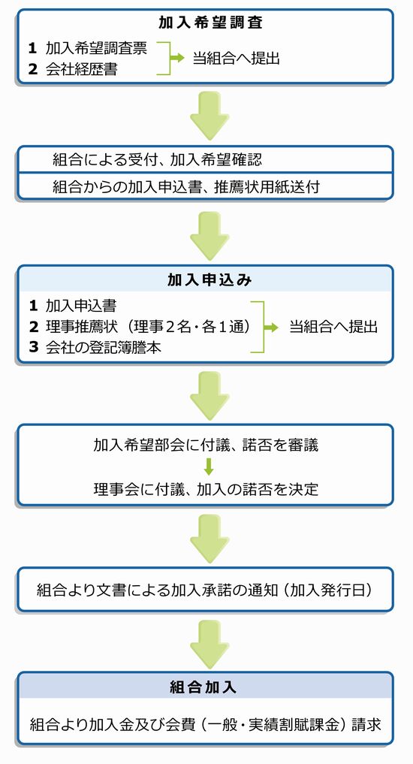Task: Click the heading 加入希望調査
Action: pos(210,23)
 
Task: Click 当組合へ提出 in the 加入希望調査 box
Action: pos(237,59)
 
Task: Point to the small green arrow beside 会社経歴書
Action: pos(177,58)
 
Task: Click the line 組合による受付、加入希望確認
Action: pos(157,159)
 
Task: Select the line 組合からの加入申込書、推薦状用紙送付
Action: pos(186,186)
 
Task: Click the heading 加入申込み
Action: pos(210,279)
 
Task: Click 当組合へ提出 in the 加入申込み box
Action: pos(333,327)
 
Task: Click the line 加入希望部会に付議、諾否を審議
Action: pos(206,445)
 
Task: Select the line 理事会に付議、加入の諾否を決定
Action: pos(206,488)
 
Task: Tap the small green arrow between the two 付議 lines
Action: pos(209,467)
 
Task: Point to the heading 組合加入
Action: pos(203,687)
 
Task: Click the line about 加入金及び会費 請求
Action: pos(205,724)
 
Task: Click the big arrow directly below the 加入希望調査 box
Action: pos(210,116)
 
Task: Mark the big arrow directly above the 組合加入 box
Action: pos(210,644)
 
